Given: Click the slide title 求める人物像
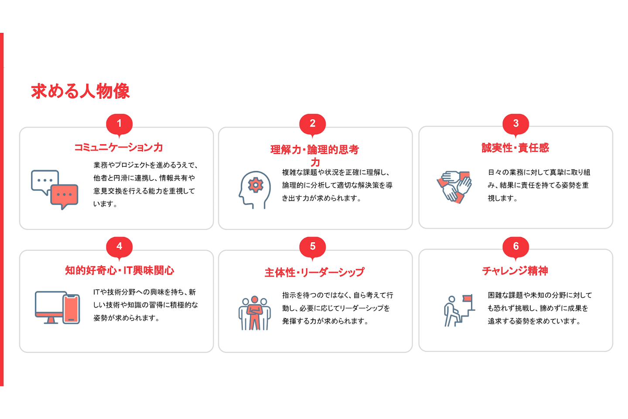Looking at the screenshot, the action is (80, 91).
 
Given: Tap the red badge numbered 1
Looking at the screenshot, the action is (119, 124).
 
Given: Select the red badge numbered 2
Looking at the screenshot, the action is (313, 124).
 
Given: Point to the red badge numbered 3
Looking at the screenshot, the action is (515, 124).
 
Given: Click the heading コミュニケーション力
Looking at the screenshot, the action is (119, 147).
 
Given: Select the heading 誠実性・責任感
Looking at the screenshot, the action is (515, 148).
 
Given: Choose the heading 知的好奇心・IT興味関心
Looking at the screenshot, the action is (119, 270).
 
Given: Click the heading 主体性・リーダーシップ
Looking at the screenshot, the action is (314, 272).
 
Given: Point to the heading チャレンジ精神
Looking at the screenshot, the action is (515, 271).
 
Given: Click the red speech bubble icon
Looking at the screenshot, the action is (64, 195).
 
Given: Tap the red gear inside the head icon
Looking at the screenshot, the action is (256, 185).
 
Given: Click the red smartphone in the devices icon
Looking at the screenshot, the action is (71, 309).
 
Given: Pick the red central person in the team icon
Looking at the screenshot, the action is (255, 313).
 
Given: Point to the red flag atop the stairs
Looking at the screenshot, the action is (468, 298).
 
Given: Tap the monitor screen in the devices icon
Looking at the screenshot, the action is (49, 302).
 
